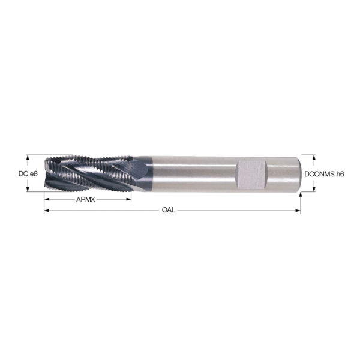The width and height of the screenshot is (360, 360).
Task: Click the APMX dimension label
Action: coord(84,199)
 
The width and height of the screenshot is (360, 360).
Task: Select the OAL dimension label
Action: coord(169,211)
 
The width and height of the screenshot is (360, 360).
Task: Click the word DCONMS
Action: coord(319,174)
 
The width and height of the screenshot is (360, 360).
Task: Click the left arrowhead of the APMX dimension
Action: coord(47,199)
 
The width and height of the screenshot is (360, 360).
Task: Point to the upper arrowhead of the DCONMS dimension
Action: coord(313,160)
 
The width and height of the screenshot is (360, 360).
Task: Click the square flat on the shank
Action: coord(251,174)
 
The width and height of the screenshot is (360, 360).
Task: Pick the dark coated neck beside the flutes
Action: coord(142,173)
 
